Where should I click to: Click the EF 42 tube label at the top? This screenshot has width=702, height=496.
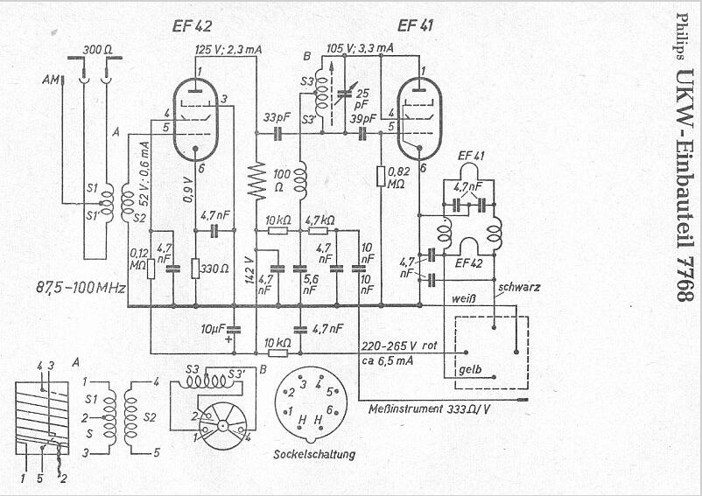(x=192, y=26)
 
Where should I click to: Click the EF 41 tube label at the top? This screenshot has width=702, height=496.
(x=415, y=26)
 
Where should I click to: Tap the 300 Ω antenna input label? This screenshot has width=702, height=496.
(x=98, y=50)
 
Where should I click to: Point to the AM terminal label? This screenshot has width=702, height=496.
(x=51, y=80)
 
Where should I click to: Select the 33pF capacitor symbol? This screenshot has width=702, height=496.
(x=277, y=133)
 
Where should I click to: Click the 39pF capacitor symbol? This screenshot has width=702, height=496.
(x=362, y=133)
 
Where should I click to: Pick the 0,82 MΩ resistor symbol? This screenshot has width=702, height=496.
(x=381, y=176)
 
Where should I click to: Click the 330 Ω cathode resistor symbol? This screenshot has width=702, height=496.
(x=195, y=269)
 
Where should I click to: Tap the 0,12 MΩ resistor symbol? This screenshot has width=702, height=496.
(x=151, y=269)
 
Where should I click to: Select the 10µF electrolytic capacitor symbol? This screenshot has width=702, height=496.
(x=233, y=330)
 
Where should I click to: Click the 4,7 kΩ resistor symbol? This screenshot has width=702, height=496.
(x=319, y=231)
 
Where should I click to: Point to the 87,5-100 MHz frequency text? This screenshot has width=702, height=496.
(x=81, y=287)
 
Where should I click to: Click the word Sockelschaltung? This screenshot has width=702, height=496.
(x=314, y=454)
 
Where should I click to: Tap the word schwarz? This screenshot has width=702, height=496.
(x=519, y=288)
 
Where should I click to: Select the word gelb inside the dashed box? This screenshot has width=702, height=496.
(x=470, y=369)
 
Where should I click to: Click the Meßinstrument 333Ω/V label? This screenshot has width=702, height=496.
(x=430, y=409)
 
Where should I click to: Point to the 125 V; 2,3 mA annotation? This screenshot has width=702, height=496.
(x=228, y=50)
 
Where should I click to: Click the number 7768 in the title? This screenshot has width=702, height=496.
(x=685, y=279)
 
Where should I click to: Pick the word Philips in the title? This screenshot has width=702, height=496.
(x=682, y=37)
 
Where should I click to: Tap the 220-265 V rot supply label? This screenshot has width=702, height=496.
(x=399, y=346)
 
